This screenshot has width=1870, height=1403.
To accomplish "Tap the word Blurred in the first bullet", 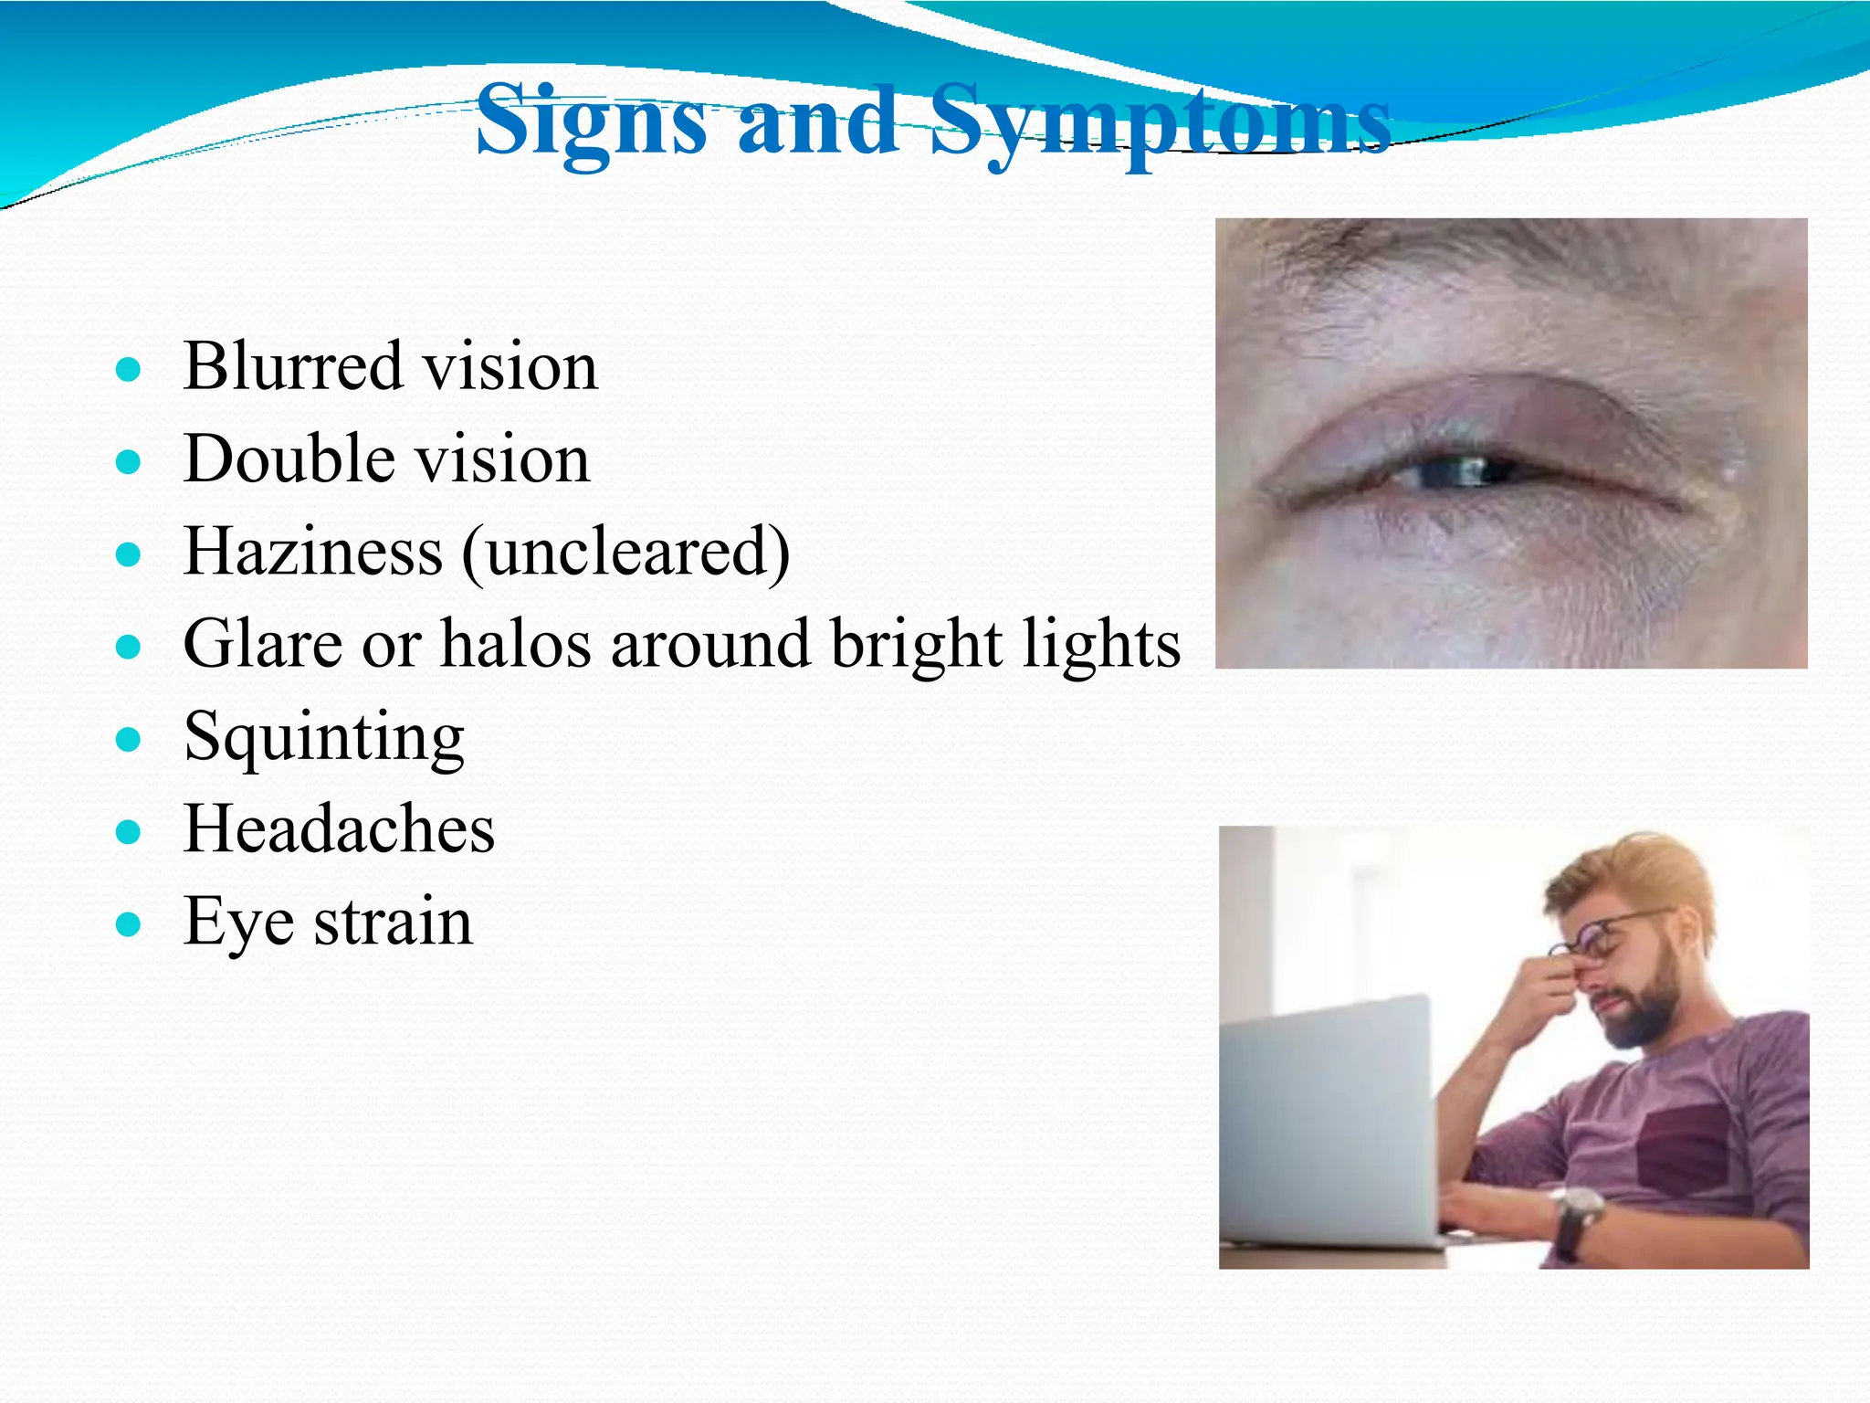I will click(292, 366).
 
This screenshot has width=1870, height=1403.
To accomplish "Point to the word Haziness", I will click(313, 552).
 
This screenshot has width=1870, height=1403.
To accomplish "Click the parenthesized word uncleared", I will click(626, 554).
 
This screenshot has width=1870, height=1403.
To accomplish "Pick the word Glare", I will click(262, 644).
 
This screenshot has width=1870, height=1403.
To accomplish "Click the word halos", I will click(516, 644).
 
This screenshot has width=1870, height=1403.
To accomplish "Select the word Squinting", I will click(324, 738).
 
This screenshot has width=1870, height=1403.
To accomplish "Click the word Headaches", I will click(339, 829).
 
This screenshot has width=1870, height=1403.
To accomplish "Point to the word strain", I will click(394, 923).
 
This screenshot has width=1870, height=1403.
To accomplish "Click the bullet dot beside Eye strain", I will click(129, 925).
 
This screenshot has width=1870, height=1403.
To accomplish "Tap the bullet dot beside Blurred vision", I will click(129, 370).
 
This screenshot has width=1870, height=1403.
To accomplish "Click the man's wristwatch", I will click(1579, 1215).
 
